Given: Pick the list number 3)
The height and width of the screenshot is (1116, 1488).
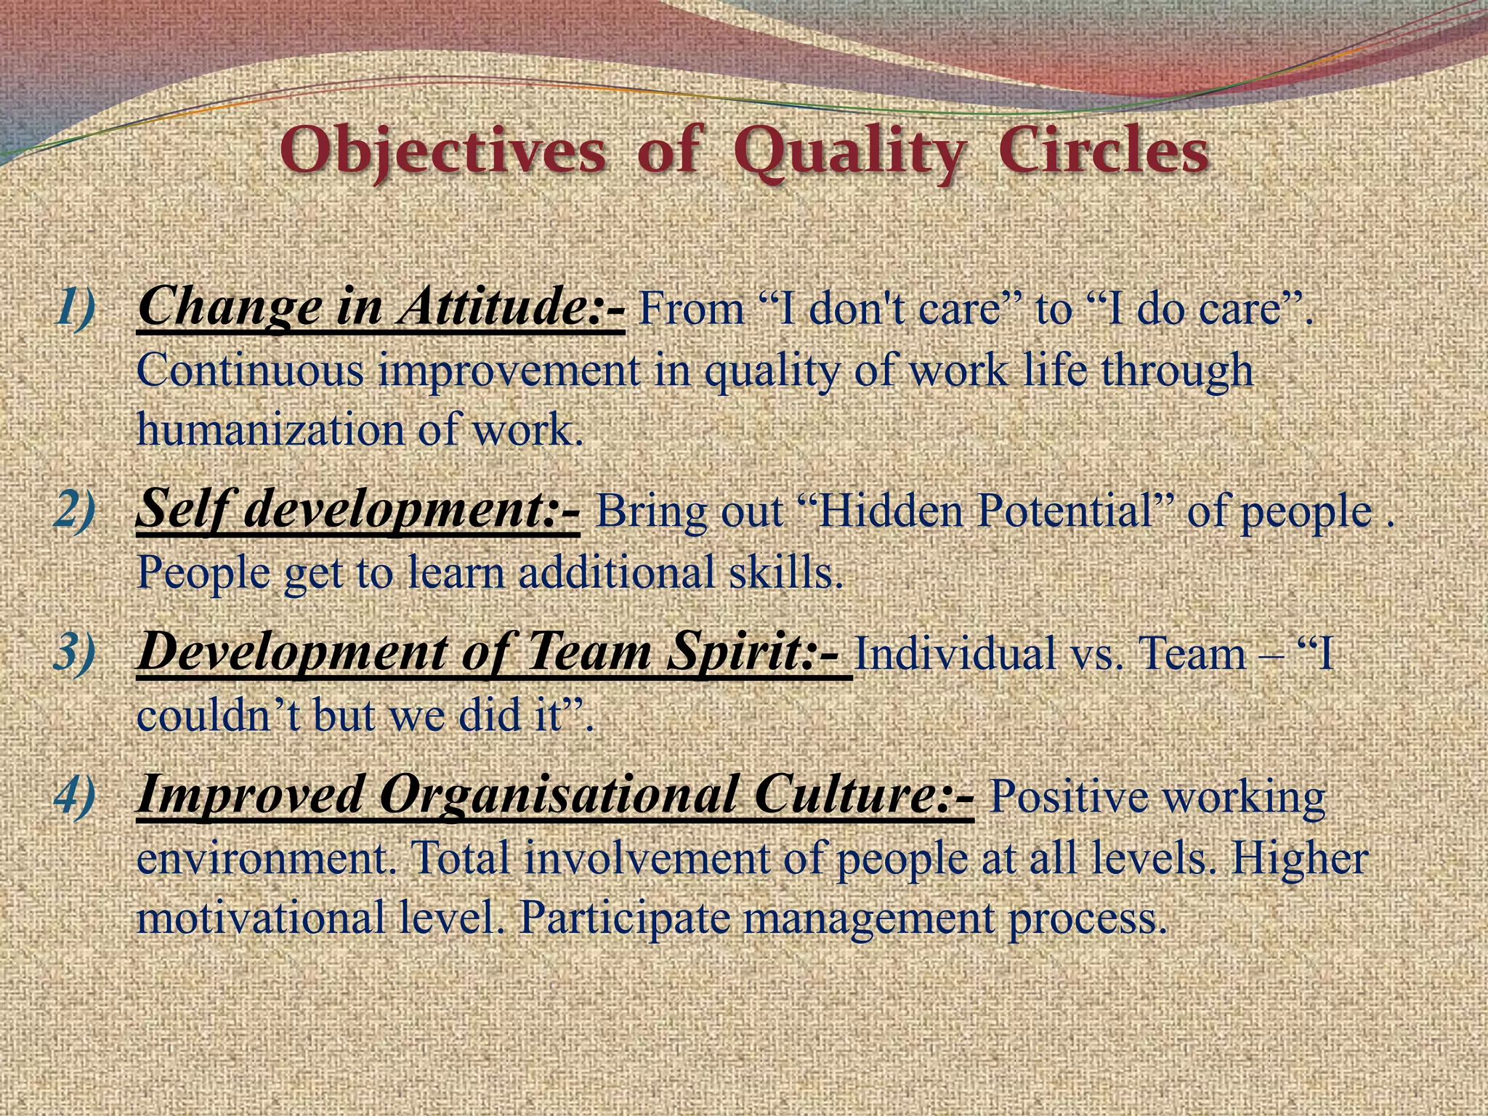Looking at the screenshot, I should pyautogui.click(x=76, y=651).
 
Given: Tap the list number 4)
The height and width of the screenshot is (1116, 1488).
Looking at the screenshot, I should pyautogui.click(x=76, y=793).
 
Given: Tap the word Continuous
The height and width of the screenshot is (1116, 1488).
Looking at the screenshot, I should pyautogui.click(x=250, y=370).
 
